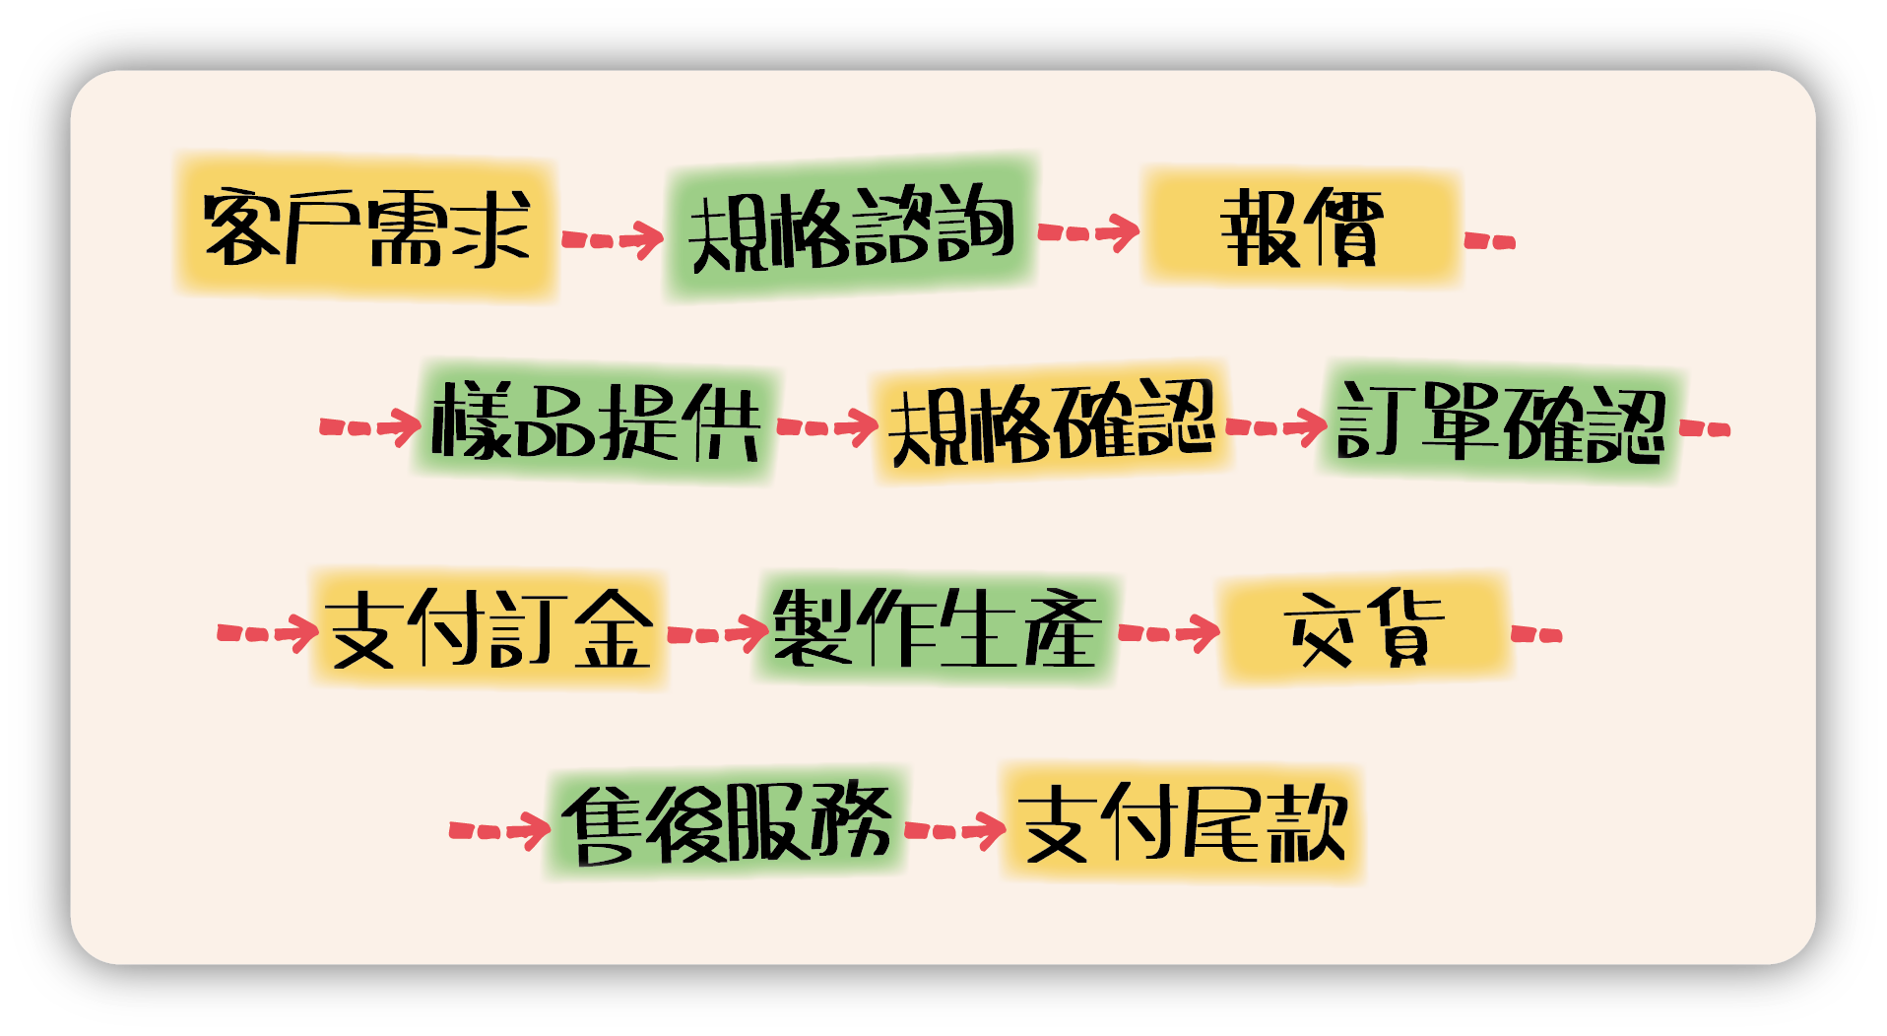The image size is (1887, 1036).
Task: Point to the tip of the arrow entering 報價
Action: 1139,231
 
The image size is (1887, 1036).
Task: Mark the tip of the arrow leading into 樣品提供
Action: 422,426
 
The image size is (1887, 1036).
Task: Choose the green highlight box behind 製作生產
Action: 936,627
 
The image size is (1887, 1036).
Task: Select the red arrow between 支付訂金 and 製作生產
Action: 718,633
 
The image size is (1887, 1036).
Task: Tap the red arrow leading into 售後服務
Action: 499,830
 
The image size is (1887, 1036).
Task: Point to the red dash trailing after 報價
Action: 1490,240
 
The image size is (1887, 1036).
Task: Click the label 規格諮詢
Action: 851,229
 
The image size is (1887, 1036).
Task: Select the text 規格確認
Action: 1051,423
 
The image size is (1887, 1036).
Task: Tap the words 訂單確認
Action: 1500,421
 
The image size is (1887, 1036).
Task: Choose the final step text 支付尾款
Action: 1183,822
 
